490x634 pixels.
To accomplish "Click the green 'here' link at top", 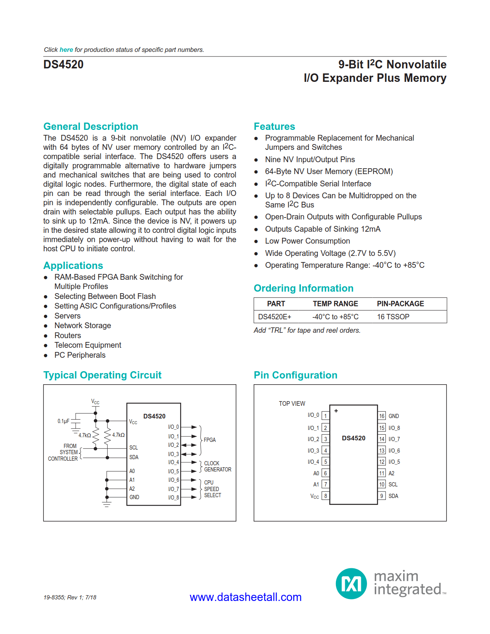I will point(66,50).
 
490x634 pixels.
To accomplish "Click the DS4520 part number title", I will point(63,65).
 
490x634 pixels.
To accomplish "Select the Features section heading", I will point(274,126).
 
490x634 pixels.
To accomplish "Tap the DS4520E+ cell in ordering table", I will point(274,317).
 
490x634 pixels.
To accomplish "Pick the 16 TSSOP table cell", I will point(393,317).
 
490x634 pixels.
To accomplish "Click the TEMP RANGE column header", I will point(335,304).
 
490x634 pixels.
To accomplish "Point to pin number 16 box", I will point(382,416).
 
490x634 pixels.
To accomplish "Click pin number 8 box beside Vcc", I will point(326,496).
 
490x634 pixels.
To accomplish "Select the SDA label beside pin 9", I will point(393,496).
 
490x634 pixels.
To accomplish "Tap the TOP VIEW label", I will point(292,403).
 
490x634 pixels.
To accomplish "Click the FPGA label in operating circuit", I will point(209,440).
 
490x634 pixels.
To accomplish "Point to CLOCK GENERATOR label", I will point(217,466).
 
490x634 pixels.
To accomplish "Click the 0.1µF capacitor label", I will point(63,421).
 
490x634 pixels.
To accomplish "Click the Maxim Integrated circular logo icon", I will point(351,584).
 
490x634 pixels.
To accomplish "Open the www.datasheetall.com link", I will point(245,597).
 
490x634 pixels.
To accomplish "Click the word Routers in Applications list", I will point(68,335).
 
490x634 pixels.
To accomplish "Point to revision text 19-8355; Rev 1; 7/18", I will point(70,597).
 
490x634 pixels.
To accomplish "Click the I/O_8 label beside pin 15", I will point(394,428).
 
